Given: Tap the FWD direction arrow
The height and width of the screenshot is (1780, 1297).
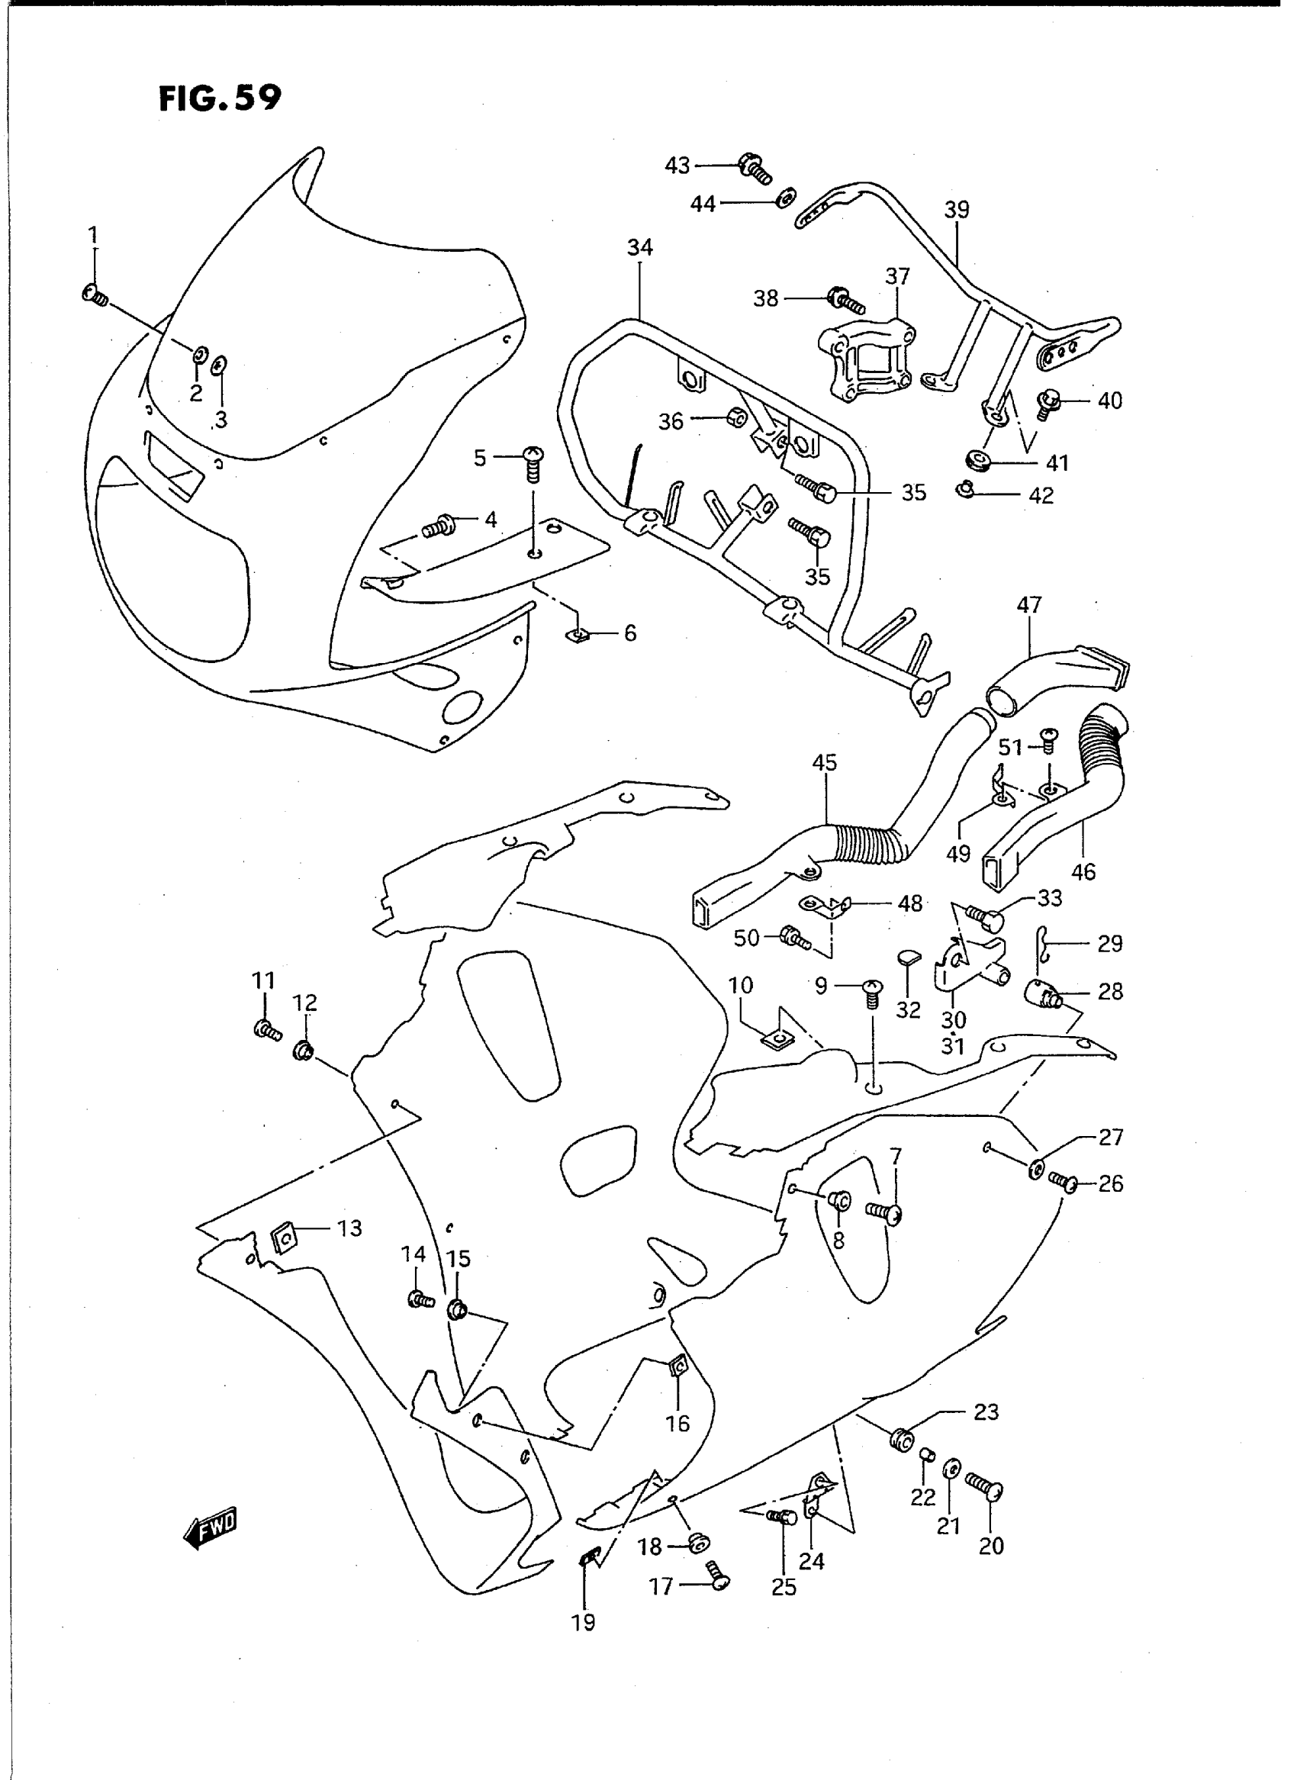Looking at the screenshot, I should (210, 1525).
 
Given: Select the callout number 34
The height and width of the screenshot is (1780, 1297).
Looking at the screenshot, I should (640, 247).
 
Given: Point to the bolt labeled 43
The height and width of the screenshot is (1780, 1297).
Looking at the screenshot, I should (755, 167).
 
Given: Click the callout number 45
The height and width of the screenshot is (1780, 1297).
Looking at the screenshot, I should (825, 762).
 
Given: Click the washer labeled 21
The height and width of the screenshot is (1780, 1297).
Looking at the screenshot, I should (951, 1467).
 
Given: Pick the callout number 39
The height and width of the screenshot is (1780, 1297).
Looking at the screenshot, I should (957, 210).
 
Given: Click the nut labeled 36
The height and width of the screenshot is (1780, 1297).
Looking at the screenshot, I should (735, 417).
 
